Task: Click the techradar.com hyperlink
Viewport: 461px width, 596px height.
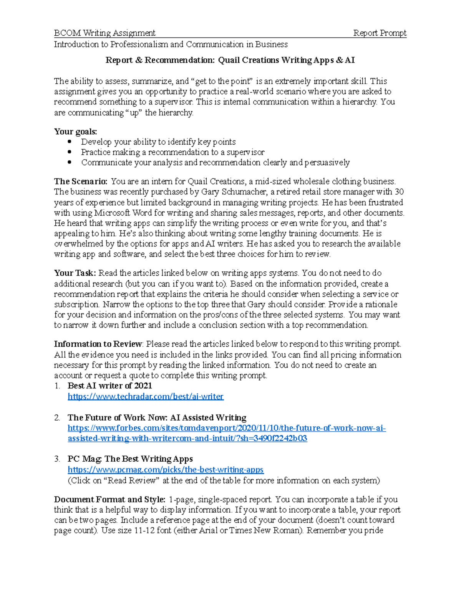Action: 145,396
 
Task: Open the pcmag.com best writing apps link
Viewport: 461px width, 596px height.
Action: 166,470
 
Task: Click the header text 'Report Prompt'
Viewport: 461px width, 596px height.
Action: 380,33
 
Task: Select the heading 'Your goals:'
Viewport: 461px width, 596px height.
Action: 75,132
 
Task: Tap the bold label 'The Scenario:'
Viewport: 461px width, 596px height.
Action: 81,182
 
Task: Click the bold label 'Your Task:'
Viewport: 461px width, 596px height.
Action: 75,273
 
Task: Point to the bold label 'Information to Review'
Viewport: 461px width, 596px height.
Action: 98,344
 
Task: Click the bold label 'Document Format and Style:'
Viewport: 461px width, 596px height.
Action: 109,500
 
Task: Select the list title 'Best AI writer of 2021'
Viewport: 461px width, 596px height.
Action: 109,386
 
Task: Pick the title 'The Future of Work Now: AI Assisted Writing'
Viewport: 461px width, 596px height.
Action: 157,418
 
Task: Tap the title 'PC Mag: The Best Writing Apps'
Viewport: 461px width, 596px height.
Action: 130,459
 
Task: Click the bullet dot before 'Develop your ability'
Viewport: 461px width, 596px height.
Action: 70,142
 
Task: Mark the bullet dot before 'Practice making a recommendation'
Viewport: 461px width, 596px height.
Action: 70,152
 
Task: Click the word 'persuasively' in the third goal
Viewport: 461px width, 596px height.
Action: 327,163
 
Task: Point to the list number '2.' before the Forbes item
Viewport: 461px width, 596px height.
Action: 57,418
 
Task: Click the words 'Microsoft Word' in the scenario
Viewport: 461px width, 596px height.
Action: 118,213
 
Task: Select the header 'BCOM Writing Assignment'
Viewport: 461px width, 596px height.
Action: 104,33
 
